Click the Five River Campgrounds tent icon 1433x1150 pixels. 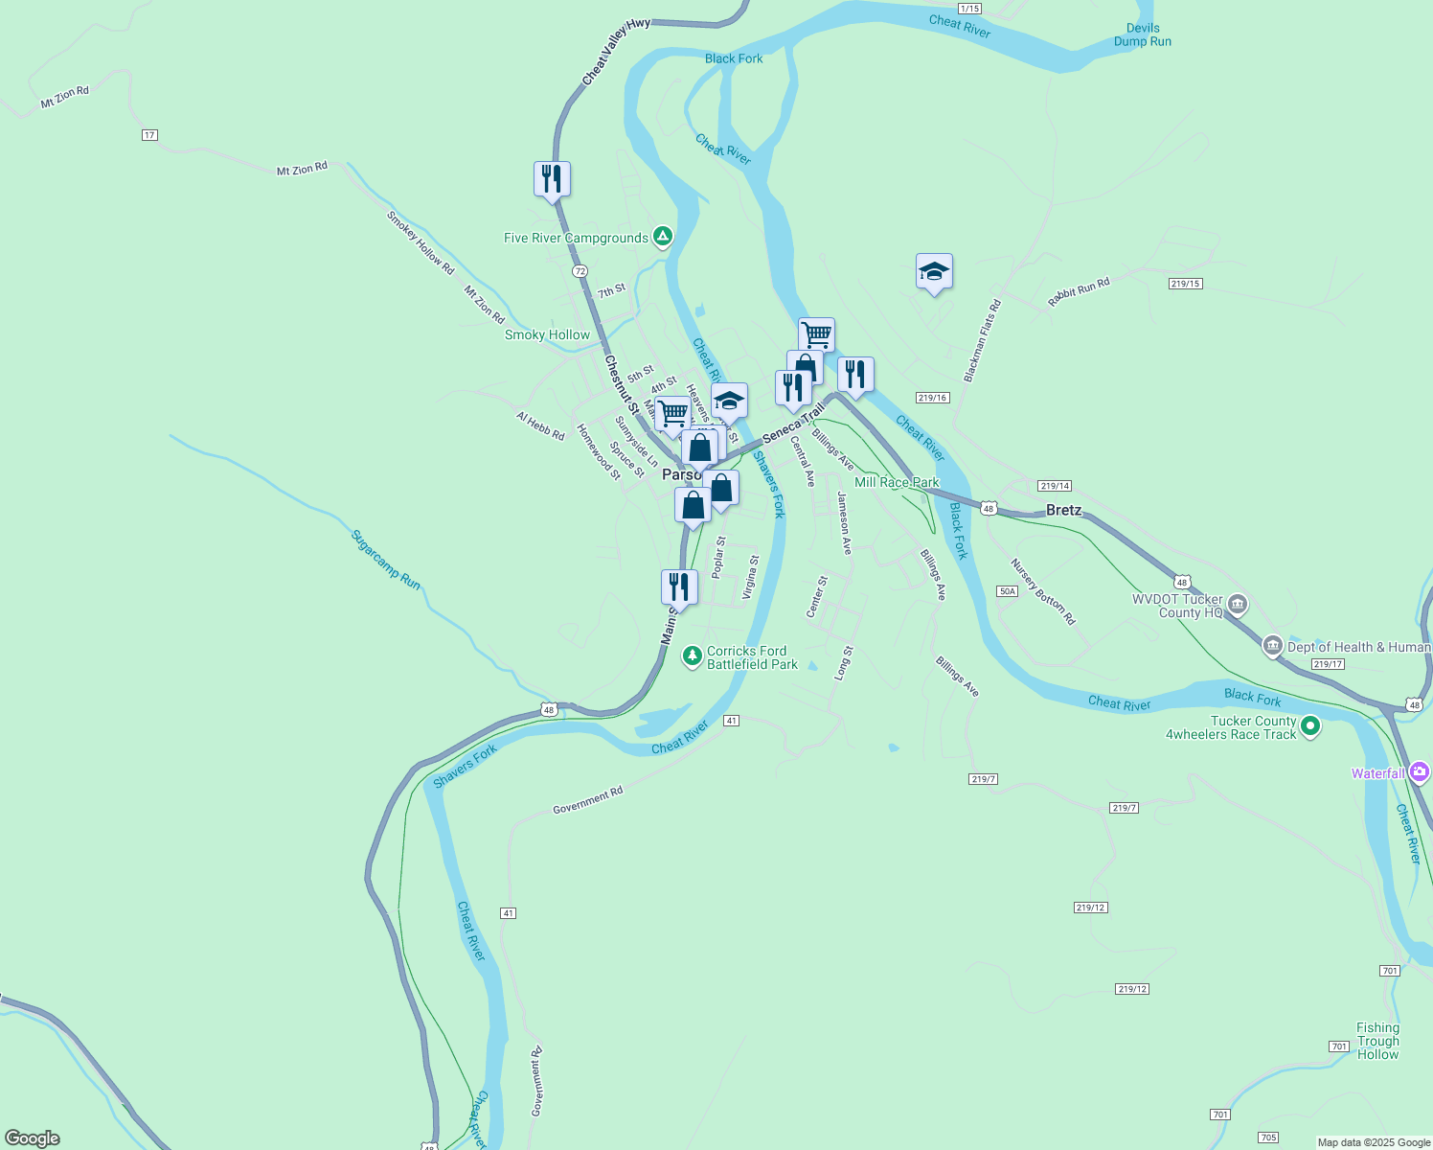[x=662, y=237]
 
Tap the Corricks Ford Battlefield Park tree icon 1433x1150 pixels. [x=692, y=656]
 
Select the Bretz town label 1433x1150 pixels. [x=1063, y=510]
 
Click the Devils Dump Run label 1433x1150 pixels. [x=1142, y=35]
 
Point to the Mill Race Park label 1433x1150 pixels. [x=897, y=482]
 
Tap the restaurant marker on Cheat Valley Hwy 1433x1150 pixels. [x=552, y=179]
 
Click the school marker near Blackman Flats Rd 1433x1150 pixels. [x=934, y=272]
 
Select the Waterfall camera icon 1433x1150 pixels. [x=1419, y=772]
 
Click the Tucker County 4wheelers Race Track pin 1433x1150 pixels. [x=1310, y=727]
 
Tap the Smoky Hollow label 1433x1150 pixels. [x=547, y=334]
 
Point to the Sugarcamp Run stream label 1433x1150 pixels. [x=386, y=560]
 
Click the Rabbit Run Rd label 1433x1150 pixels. [x=1079, y=291]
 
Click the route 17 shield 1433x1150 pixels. [x=149, y=135]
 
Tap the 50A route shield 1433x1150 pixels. [x=1007, y=591]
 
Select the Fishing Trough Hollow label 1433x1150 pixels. [x=1377, y=1041]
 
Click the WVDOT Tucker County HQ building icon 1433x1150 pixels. [x=1238, y=605]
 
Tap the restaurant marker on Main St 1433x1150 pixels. [x=679, y=586]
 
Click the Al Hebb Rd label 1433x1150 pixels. [x=540, y=425]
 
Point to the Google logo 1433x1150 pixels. [x=33, y=1138]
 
